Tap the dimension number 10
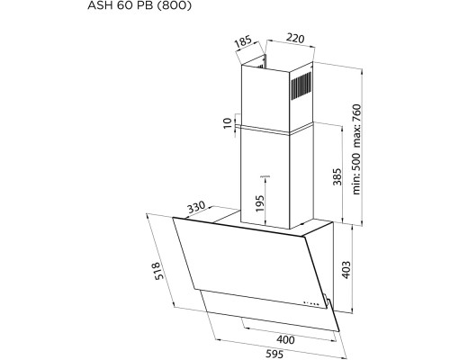[x=226, y=123]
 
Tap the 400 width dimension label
[x=285, y=340]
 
